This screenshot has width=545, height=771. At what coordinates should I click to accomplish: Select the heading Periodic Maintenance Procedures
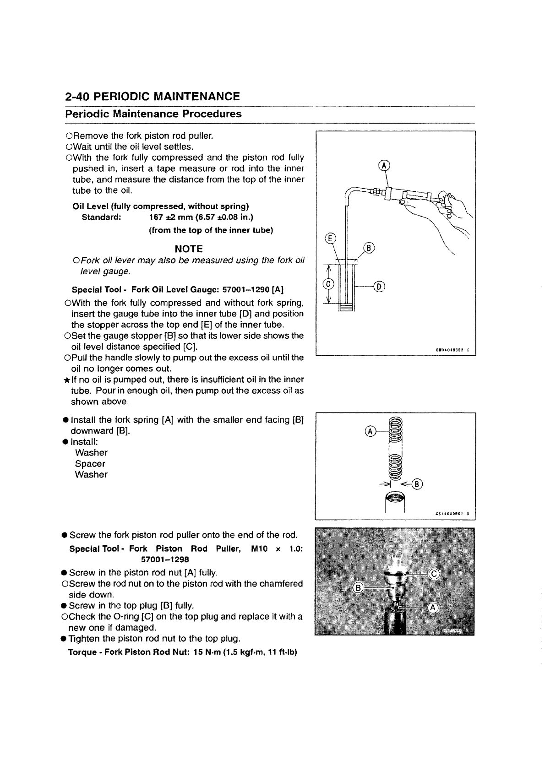(153, 114)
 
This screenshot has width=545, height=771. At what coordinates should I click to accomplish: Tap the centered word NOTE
(189, 249)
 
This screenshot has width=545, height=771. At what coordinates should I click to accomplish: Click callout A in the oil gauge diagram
(385, 166)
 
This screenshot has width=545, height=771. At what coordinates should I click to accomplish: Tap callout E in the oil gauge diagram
(329, 238)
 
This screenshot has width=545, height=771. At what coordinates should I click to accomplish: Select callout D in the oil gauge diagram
(380, 287)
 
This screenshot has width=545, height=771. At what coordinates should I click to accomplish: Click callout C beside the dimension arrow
(328, 284)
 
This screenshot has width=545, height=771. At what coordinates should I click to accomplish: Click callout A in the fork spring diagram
(370, 432)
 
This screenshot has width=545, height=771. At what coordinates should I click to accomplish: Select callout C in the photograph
(434, 575)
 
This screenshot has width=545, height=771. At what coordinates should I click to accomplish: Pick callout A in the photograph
(433, 608)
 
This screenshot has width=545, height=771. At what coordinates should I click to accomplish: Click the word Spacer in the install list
(90, 464)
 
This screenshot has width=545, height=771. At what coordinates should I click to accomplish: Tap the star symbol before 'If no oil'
(67, 380)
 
